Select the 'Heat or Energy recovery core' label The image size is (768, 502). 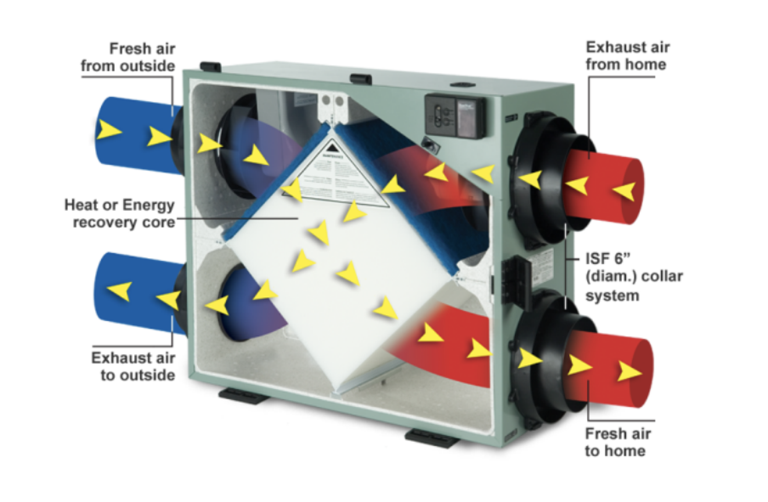coord(119,214)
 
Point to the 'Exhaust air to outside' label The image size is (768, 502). coord(133,367)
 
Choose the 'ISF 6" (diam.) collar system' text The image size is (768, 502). coord(633,277)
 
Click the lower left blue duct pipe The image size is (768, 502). coord(136,293)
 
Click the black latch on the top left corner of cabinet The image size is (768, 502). coord(211,66)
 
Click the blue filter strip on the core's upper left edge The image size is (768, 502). coord(276,178)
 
